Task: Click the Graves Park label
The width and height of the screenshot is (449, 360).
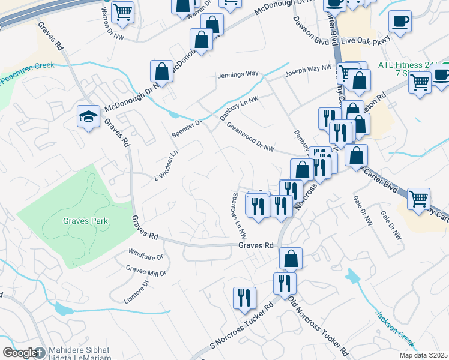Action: pyautogui.click(x=86, y=221)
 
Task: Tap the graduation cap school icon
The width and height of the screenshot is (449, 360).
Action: pyautogui.click(x=88, y=116)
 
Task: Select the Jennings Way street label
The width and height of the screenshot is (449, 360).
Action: pyautogui.click(x=238, y=74)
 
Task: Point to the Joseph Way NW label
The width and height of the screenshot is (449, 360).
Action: pyautogui.click(x=308, y=71)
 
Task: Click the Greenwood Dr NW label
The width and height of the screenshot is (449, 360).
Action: pyautogui.click(x=250, y=136)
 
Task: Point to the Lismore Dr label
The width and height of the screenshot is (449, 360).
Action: pyautogui.click(x=140, y=286)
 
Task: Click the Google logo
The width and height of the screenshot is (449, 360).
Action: pyautogui.click(x=20, y=353)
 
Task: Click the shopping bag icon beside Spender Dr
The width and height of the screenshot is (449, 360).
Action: pyautogui.click(x=162, y=71)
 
